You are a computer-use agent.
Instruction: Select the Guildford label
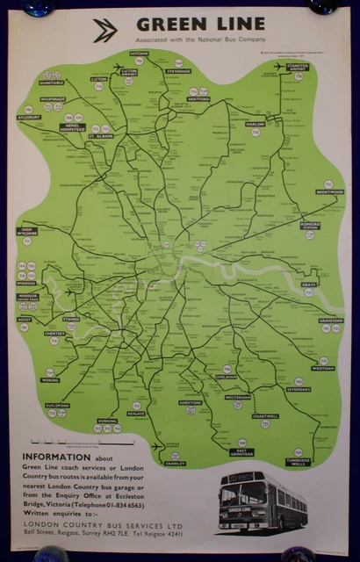(x=57, y=382)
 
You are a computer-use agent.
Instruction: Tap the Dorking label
(x=107, y=421)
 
